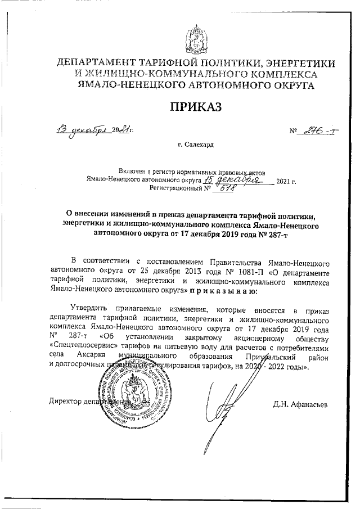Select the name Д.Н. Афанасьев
pyautogui.click(x=299, y=403)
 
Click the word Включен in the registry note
pyautogui.click(x=134, y=171)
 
